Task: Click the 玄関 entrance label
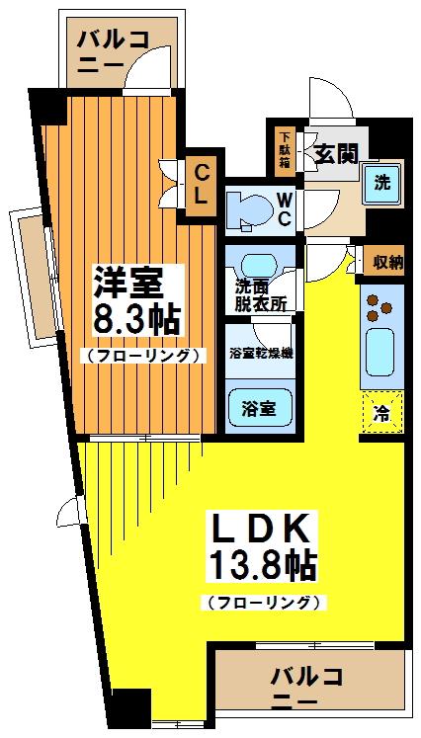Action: tap(336, 153)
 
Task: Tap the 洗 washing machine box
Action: tap(380, 183)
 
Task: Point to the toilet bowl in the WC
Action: tap(245, 208)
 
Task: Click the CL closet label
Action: tap(201, 184)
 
